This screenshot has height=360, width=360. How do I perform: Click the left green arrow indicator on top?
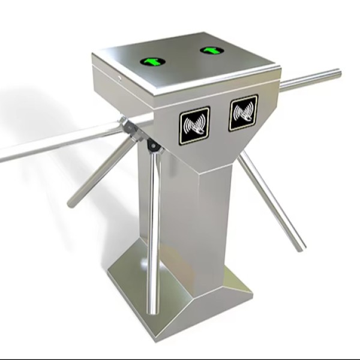152,61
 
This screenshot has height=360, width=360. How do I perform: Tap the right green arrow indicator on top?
212,50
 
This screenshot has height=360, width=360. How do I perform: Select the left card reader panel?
194,125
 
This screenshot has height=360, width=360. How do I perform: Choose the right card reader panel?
243,112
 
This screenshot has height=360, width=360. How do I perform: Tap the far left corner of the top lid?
93,55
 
